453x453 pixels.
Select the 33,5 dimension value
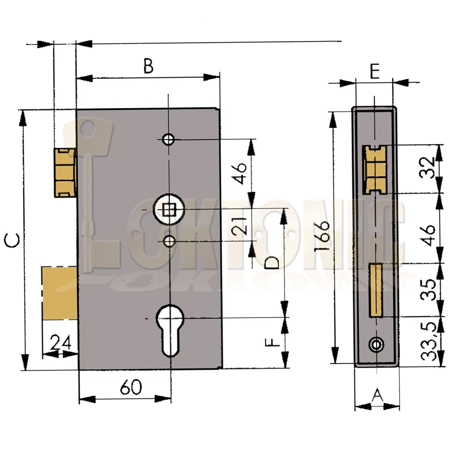[x=428, y=345]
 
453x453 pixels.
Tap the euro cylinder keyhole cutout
[x=168, y=328]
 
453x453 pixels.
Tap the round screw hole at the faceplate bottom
[x=376, y=345]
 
